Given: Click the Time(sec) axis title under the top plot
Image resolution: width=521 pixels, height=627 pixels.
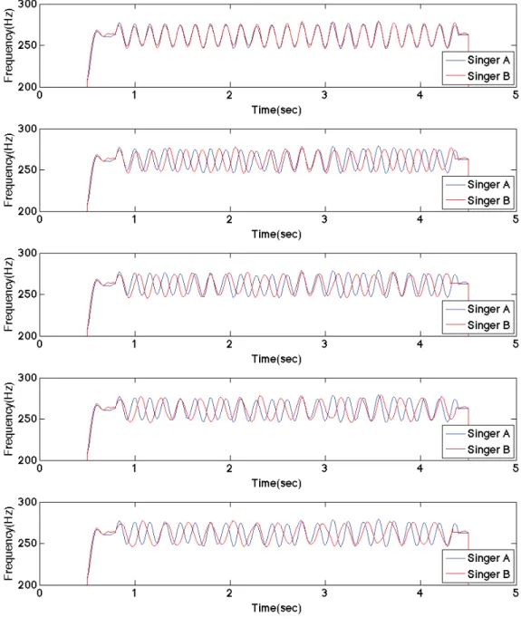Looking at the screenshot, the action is tap(276, 110).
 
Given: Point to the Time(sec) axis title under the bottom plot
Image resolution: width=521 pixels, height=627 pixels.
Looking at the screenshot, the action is tap(276, 608).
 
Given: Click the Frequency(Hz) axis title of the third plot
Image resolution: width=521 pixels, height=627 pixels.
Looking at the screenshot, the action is tap(8, 294).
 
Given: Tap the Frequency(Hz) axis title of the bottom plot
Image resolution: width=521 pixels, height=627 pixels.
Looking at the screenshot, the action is tap(8, 544).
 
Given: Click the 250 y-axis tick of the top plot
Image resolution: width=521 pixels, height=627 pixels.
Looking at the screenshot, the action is tap(27, 45).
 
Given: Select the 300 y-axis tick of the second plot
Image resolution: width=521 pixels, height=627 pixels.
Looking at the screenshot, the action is tap(27, 129).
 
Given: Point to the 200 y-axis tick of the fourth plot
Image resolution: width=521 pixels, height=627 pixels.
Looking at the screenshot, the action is tap(27, 460).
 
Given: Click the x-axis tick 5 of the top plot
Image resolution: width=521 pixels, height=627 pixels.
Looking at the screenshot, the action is tap(516, 95).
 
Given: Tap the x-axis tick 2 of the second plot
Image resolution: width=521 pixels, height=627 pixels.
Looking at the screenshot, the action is tap(229, 219).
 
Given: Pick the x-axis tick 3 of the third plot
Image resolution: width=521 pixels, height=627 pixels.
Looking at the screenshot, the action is tap(324, 344).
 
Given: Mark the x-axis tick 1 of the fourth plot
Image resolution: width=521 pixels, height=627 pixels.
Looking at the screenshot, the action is tap(135, 468).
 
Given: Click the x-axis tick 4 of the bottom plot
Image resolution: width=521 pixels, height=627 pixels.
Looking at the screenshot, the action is tap(420, 593).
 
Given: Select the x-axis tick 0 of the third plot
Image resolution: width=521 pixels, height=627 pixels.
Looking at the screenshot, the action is tap(39, 344).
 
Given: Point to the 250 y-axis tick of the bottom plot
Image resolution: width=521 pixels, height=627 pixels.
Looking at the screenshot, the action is tap(27, 544).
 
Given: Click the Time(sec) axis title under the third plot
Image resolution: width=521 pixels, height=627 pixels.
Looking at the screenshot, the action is tap(276, 359).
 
